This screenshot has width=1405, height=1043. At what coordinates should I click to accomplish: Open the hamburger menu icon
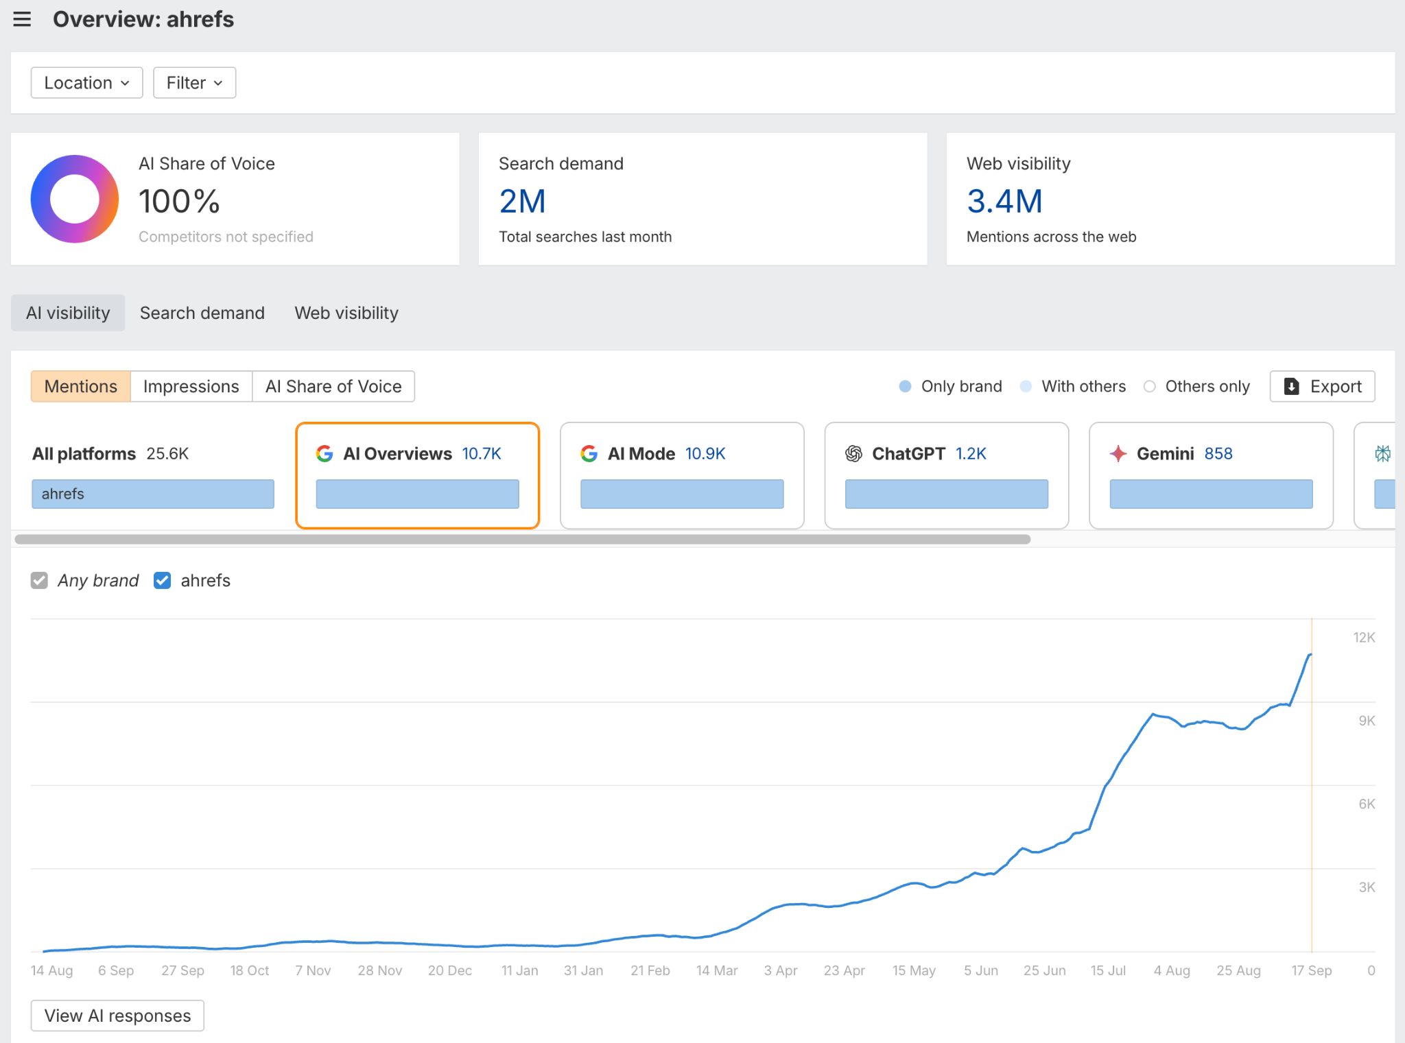tap(22, 19)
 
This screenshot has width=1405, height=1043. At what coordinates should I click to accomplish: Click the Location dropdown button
tap(86, 83)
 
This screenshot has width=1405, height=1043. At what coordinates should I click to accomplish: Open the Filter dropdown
tap(194, 83)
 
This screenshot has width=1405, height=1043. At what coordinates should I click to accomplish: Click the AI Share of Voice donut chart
tap(75, 199)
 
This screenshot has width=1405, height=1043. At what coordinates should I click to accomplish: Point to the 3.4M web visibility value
tap(1004, 202)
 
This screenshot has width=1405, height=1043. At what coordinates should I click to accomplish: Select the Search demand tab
tap(202, 313)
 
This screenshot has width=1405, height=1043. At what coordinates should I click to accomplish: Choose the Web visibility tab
tap(346, 313)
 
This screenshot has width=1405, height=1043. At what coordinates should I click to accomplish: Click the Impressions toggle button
tap(191, 387)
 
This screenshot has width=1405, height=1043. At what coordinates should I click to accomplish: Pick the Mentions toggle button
tap(80, 387)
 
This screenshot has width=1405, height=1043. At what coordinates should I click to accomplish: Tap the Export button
tap(1322, 387)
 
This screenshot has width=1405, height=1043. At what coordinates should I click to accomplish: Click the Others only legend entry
tap(1197, 387)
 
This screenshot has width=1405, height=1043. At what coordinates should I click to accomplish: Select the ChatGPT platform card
tap(946, 475)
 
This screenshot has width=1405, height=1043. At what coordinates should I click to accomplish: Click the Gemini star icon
tap(1118, 454)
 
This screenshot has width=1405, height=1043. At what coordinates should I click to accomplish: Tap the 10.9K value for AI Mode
tap(705, 454)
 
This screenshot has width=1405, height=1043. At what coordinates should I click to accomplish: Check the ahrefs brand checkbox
tap(163, 581)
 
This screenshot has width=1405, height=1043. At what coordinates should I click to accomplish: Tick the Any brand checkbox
tap(40, 581)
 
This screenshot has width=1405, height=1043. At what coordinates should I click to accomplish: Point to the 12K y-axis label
tap(1364, 638)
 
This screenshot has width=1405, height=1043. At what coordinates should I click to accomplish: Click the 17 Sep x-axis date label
tap(1311, 971)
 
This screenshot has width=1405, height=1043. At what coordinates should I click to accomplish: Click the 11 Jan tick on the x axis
tap(519, 971)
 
